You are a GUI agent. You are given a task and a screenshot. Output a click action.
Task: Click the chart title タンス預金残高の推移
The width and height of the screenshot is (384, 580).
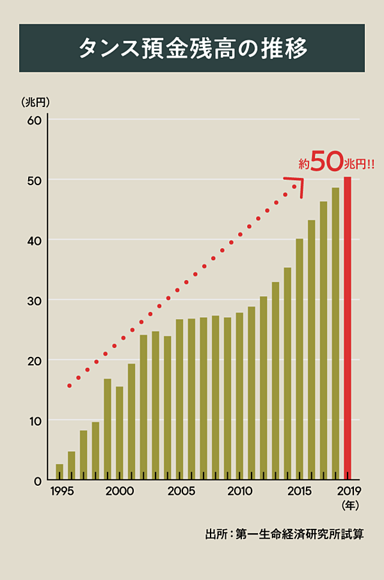(x=192, y=48)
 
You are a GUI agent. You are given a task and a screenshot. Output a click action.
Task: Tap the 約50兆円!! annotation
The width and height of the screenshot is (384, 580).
(x=336, y=164)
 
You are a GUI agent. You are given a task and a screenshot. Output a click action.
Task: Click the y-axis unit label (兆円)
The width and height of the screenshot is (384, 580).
(x=35, y=101)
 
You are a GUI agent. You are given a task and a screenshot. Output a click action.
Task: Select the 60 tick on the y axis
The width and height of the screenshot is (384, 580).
(x=34, y=120)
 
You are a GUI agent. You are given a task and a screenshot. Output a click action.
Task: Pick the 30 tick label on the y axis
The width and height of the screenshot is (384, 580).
(x=34, y=301)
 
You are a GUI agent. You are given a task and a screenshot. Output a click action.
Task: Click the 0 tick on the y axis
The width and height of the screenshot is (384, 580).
(x=37, y=481)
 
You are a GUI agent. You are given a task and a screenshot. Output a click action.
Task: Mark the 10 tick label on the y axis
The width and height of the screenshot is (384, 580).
(x=34, y=421)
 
